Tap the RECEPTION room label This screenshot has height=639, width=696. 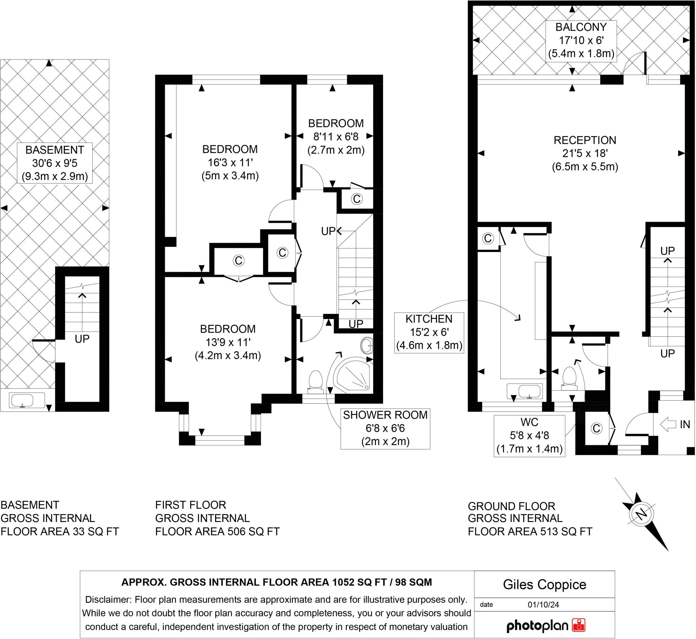click(585, 153)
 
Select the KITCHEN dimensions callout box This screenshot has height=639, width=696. click(429, 332)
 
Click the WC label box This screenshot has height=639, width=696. click(529, 436)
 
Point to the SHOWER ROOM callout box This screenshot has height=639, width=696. click(385, 428)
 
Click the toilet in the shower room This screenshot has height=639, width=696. click(315, 382)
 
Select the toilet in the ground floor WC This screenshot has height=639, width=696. click(569, 378)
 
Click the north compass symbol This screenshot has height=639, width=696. click(642, 514)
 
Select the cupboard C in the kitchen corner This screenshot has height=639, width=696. click(488, 238)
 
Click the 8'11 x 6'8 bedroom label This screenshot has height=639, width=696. click(336, 137)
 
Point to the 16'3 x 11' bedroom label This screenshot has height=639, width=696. click(230, 163)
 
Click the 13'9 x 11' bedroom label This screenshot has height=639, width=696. click(228, 342)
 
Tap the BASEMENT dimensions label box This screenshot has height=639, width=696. click(55, 163)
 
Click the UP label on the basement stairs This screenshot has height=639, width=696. click(82, 339)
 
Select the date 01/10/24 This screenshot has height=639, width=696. click(543, 605)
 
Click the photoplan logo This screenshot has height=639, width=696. click(545, 625)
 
